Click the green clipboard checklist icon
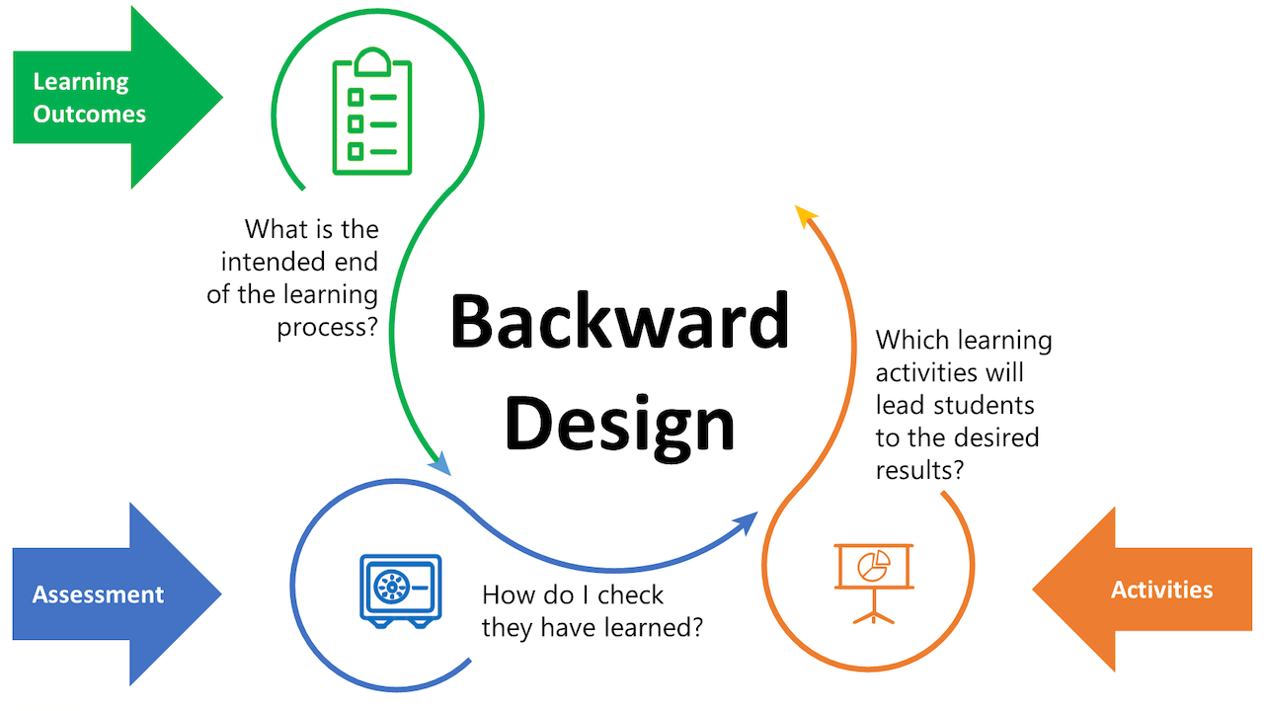372,112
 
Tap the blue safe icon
401,591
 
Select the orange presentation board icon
874,584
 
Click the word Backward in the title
619,321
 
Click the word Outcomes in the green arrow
89,115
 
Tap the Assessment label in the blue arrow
98,594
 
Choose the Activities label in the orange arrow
1162,590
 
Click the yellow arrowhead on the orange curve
806,216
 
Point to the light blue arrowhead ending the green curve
440,464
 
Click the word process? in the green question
327,328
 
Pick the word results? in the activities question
919,470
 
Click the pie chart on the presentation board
874,566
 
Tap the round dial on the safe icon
391,587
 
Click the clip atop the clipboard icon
372,62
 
